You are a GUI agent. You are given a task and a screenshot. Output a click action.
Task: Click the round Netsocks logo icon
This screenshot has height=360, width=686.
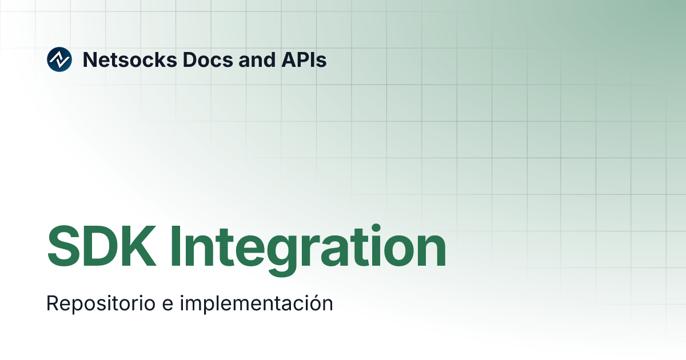59,59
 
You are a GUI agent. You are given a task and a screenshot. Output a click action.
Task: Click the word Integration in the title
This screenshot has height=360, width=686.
308,247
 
